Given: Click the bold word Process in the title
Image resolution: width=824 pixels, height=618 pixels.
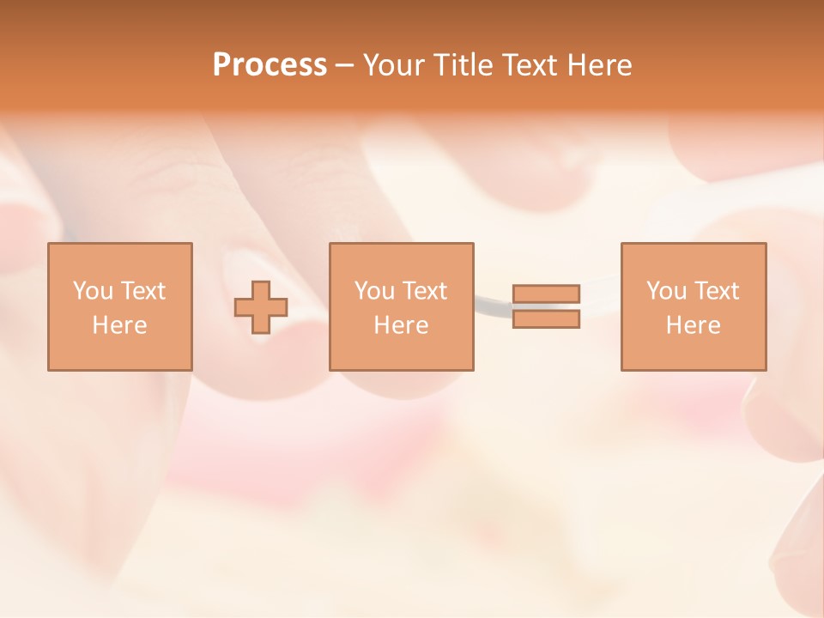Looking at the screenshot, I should coord(270,65).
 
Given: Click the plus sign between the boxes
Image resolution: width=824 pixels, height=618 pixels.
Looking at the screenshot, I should coord(261,307).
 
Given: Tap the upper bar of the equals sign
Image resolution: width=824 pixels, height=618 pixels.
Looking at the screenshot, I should coord(546,294).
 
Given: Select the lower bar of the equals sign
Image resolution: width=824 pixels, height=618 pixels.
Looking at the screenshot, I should coord(546,319).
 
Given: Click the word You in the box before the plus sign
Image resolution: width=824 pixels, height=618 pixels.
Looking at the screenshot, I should coord(93,291).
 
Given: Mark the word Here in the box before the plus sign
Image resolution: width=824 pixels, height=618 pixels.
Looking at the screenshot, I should coord(119,325).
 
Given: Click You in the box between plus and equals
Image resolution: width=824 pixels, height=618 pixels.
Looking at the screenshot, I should coord(374,291).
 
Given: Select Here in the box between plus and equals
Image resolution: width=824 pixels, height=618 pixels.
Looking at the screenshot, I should coord(401,325).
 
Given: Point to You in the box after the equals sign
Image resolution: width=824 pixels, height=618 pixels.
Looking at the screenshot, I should coord(666,291).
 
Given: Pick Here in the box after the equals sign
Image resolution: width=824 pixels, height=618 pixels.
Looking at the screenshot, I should coord(693,325).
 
